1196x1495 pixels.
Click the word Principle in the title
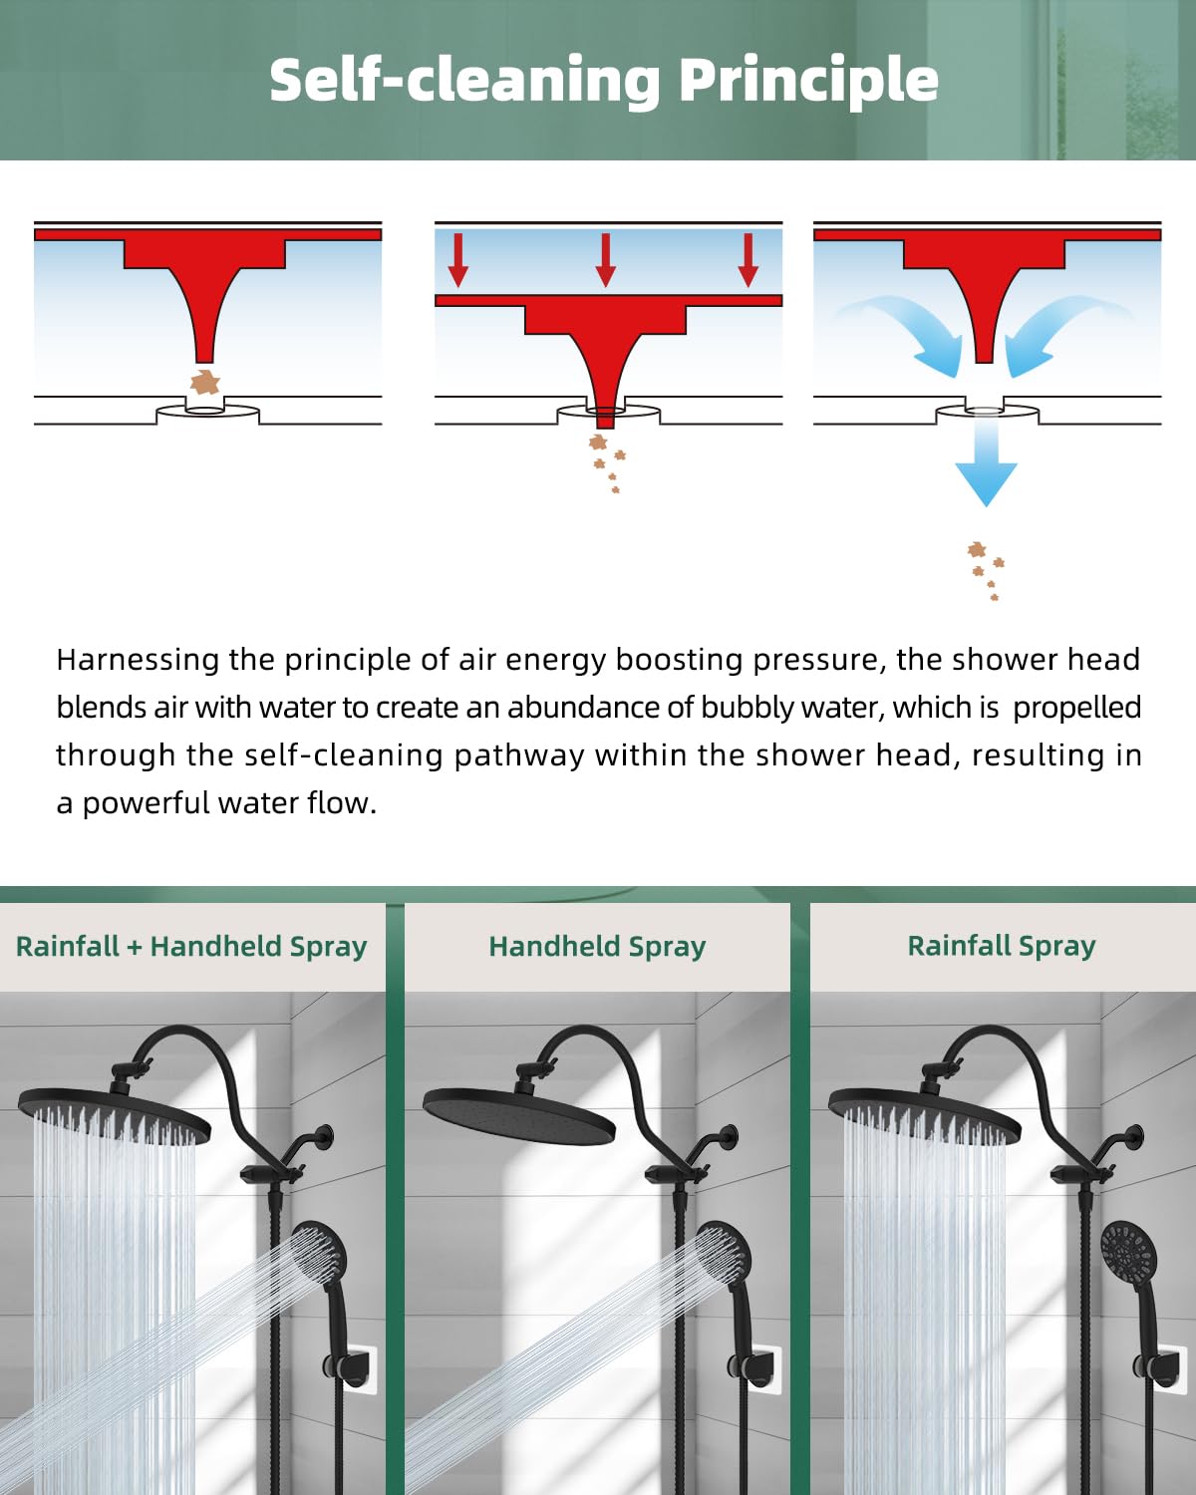pyautogui.click(x=808, y=81)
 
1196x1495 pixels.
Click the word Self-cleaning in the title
pyautogui.click(x=464, y=81)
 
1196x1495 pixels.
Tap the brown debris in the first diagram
pyautogui.click(x=205, y=382)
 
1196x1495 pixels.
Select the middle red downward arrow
pyautogui.click(x=606, y=260)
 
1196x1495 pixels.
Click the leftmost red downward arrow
pyautogui.click(x=458, y=260)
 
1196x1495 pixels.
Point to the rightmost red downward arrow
pyautogui.click(x=748, y=260)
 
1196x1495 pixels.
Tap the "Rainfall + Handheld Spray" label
pyautogui.click(x=191, y=947)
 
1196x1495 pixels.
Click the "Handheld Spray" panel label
pyautogui.click(x=597, y=947)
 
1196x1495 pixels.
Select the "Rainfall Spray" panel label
pyautogui.click(x=1002, y=947)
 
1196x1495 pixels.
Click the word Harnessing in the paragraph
pyautogui.click(x=138, y=661)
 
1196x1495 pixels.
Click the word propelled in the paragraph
pyautogui.click(x=1076, y=708)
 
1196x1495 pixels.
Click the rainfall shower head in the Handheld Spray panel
pyautogui.click(x=519, y=1115)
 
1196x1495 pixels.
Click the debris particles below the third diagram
pyautogui.click(x=986, y=570)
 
